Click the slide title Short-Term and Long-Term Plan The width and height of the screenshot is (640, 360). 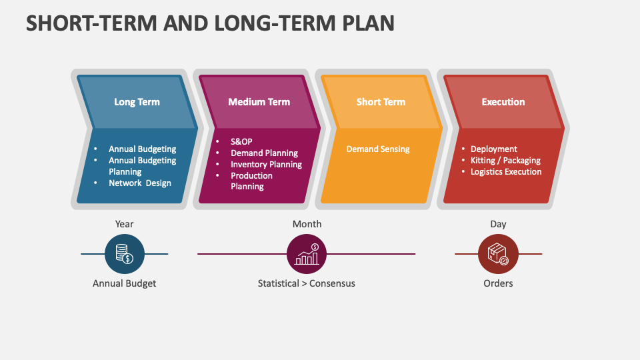point(210,23)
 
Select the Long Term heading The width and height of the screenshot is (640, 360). point(137,102)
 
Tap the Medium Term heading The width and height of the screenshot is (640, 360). point(259,102)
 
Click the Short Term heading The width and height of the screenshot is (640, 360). point(381,102)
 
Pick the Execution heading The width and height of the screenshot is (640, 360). point(503,102)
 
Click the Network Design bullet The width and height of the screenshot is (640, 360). point(140,183)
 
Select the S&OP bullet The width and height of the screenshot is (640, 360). point(241,142)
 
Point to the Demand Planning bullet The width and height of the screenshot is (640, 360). point(264,153)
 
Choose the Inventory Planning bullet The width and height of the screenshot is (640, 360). point(266,165)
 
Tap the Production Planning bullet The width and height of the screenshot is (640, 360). point(251,181)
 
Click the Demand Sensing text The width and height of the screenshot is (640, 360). point(378,149)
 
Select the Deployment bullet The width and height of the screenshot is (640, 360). point(493,149)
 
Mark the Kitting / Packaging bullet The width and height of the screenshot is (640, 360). point(505,161)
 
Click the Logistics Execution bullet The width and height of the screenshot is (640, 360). point(506,172)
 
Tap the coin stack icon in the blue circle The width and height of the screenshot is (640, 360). point(125,254)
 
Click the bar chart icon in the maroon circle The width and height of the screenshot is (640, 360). point(307,254)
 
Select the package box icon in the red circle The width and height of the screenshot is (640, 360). point(498,254)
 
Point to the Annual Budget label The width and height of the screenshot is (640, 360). point(125,283)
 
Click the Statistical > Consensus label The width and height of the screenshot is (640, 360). point(307,283)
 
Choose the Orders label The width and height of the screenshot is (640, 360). point(498,283)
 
